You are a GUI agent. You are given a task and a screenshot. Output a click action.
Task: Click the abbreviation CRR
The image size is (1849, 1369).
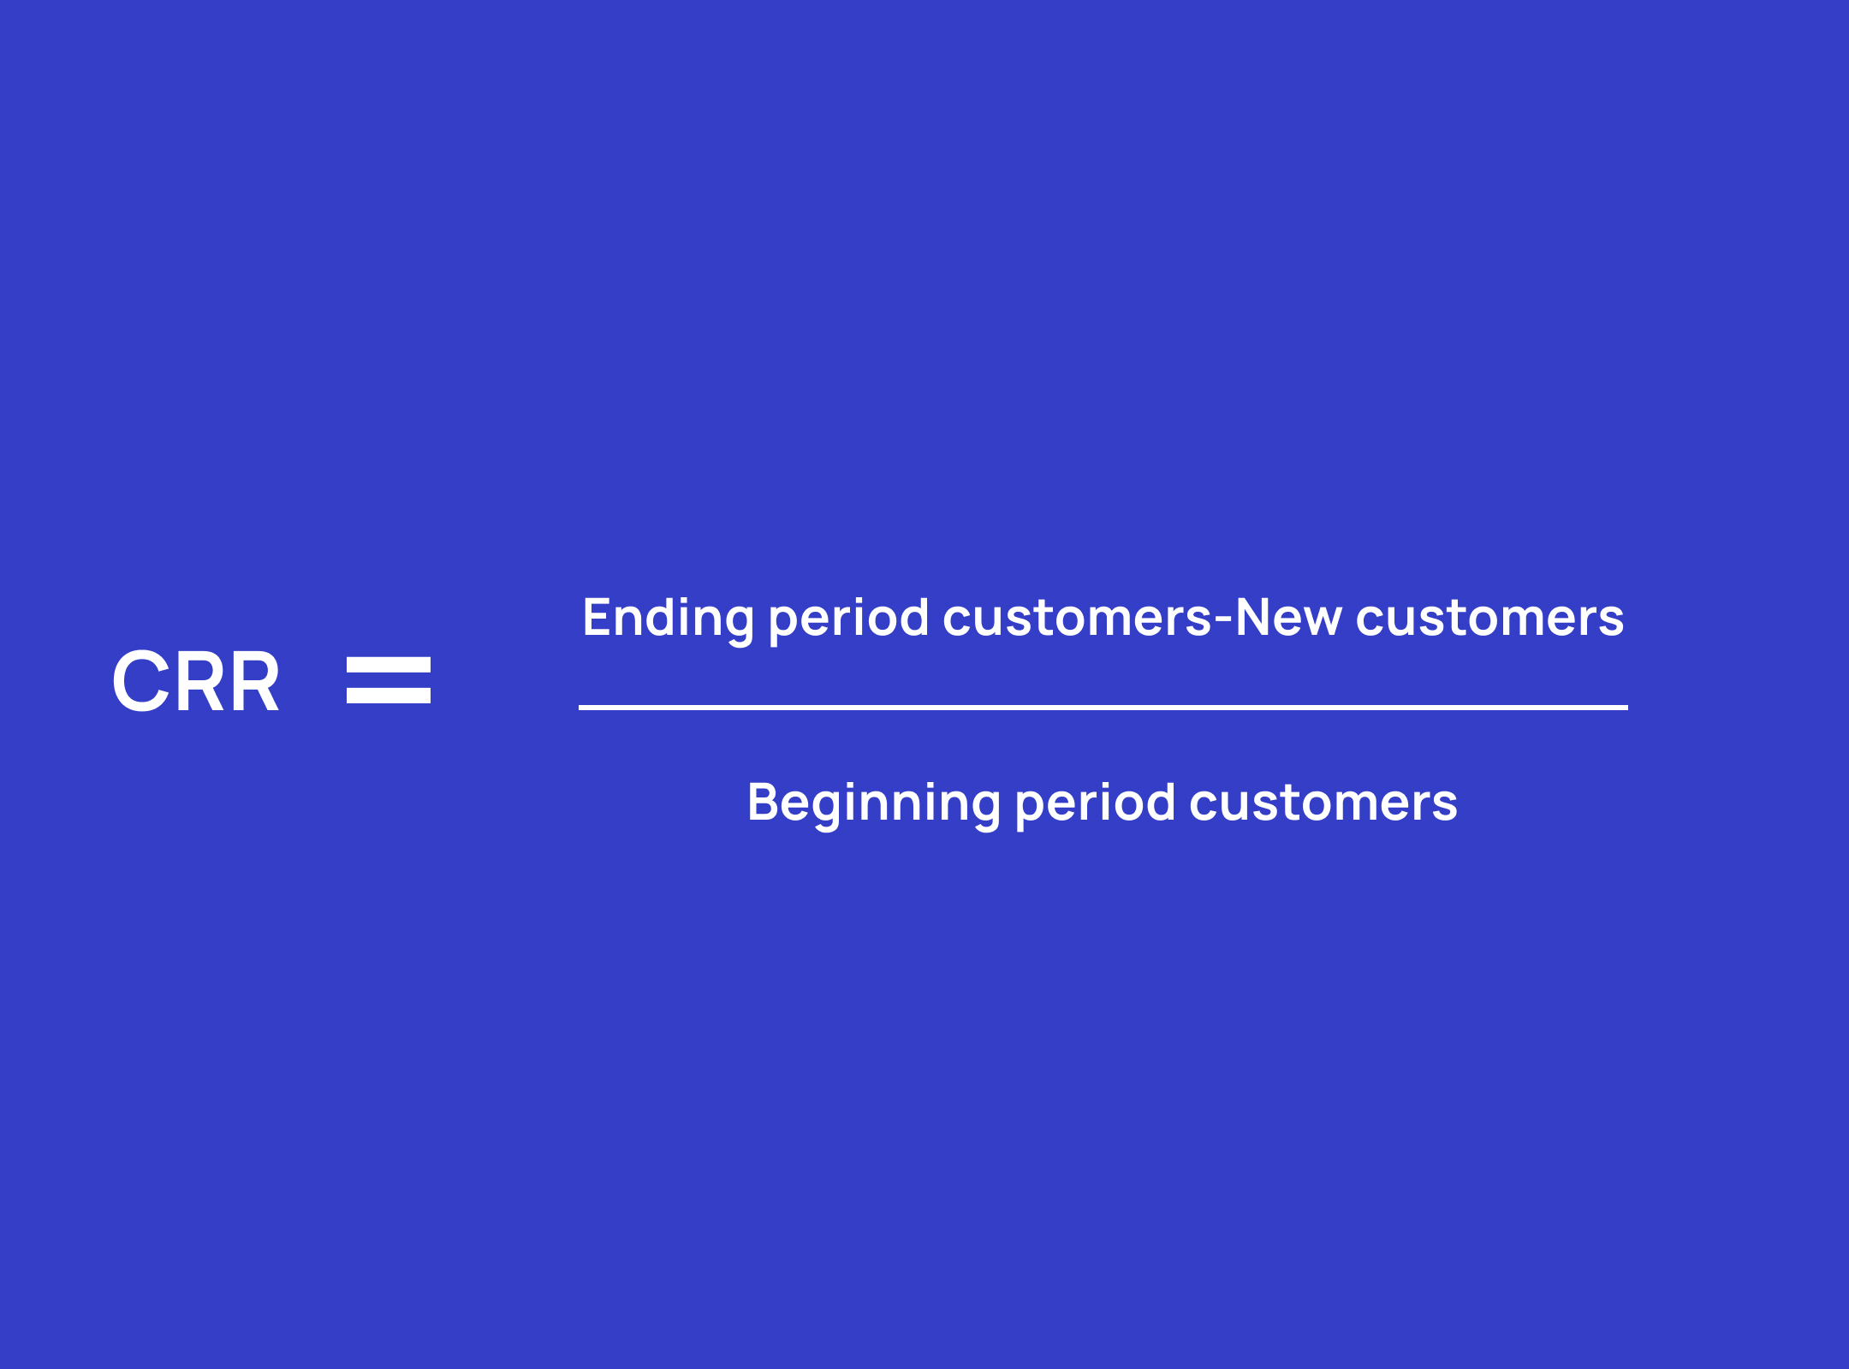pyautogui.click(x=196, y=681)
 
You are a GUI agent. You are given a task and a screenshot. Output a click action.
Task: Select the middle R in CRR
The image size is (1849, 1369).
pyautogui.click(x=199, y=681)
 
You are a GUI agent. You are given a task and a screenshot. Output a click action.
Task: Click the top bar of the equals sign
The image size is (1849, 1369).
pyautogui.click(x=389, y=664)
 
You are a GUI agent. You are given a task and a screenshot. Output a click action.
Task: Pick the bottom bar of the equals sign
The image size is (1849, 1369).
pyautogui.click(x=389, y=696)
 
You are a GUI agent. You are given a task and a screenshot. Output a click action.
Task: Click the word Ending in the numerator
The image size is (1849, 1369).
pyautogui.click(x=669, y=619)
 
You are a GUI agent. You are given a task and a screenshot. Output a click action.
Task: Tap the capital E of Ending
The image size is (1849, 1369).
pyautogui.click(x=598, y=617)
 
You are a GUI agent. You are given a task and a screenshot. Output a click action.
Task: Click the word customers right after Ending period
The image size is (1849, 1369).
pyautogui.click(x=1077, y=618)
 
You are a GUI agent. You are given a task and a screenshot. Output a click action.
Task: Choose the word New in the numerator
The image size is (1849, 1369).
pyautogui.click(x=1288, y=617)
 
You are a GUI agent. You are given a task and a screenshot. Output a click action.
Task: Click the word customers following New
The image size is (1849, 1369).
pyautogui.click(x=1489, y=618)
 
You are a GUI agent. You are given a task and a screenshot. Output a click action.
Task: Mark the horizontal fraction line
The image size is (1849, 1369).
pyautogui.click(x=1103, y=708)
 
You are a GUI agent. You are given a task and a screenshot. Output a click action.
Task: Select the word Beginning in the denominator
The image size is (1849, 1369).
pyautogui.click(x=874, y=804)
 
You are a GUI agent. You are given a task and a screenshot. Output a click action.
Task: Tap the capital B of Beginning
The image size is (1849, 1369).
pyautogui.click(x=764, y=802)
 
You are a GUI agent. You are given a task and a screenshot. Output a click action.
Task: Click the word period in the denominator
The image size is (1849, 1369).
pyautogui.click(x=1095, y=804)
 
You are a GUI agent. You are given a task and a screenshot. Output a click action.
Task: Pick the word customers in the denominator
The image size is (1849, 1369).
pyautogui.click(x=1323, y=803)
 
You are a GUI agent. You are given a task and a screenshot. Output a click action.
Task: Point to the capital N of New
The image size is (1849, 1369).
pyautogui.click(x=1254, y=617)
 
